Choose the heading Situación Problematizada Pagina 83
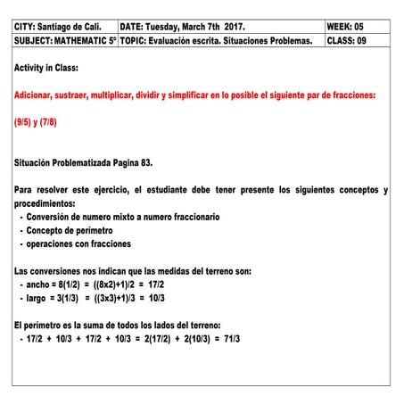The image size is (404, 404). (x=84, y=163)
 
